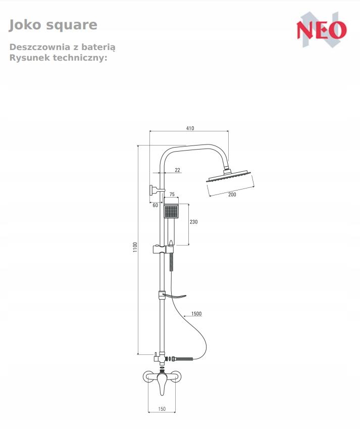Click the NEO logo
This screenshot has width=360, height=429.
coord(322,30)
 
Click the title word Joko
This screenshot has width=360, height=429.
coord(25,25)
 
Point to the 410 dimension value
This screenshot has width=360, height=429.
coord(190,128)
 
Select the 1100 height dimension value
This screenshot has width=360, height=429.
coord(135,247)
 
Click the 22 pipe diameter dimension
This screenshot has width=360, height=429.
coord(177,170)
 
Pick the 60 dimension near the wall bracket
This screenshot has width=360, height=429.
coord(156,205)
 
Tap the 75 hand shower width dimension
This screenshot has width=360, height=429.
coord(172,194)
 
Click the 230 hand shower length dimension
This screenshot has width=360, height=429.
coord(193,222)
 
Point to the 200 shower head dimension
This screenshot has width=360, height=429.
coord(232,195)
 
